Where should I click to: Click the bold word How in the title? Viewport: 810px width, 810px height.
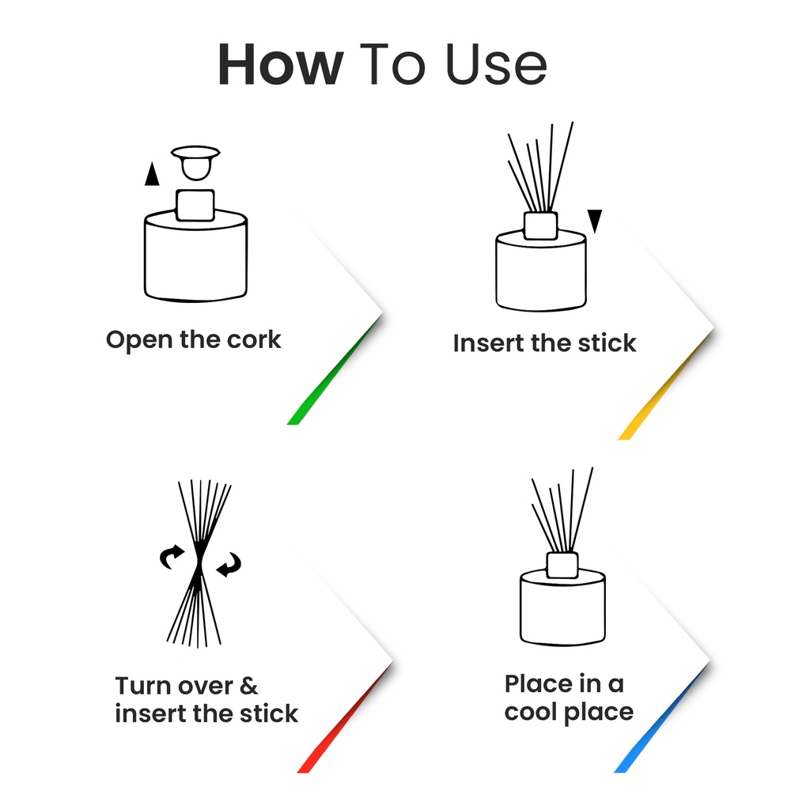coord(280,66)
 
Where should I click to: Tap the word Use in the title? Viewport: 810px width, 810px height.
coord(497,66)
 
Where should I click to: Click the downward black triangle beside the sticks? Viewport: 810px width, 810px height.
coord(595,221)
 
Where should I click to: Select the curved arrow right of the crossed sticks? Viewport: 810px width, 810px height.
coord(229,564)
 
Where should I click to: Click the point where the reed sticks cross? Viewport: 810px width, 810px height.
coord(199,563)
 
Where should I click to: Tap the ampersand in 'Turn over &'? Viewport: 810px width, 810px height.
coord(248,685)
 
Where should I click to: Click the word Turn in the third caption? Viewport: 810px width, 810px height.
coord(143,685)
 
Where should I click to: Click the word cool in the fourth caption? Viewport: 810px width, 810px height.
coord(534,712)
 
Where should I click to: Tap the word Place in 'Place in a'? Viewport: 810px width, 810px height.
coord(540,683)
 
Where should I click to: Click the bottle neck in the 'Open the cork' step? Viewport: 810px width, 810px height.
coord(195,205)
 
